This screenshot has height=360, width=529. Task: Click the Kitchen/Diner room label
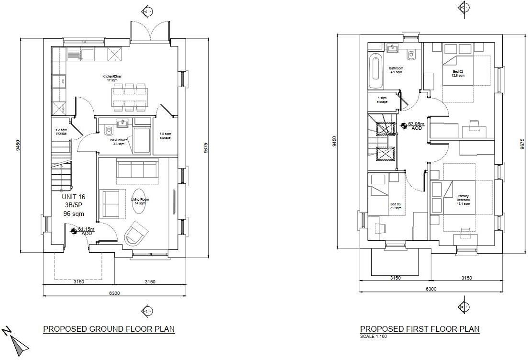(112, 79)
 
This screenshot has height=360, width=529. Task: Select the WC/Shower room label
(119, 142)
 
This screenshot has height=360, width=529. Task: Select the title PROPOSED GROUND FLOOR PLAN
(109, 329)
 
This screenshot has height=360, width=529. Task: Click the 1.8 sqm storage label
(165, 136)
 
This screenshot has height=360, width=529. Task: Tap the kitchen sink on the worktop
(88, 54)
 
